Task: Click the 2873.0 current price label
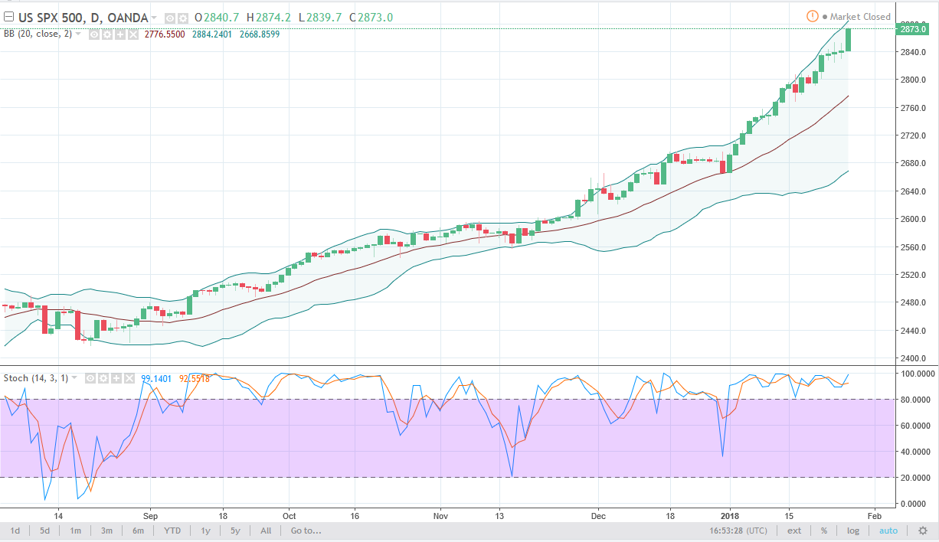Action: tap(913, 29)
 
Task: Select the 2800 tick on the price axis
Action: tap(912, 80)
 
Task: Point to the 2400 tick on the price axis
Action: tap(912, 358)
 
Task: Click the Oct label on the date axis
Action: tap(289, 515)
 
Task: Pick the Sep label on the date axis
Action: tap(150, 515)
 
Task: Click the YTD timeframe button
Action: tap(172, 531)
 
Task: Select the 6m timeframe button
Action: tap(139, 531)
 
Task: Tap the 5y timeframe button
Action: tap(235, 531)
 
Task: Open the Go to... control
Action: tap(306, 531)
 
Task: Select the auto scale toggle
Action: tap(888, 531)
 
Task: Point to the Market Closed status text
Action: tap(860, 16)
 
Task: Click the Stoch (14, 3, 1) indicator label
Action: tap(39, 377)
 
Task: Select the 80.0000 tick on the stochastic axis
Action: tap(915, 399)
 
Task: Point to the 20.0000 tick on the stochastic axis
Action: tap(915, 477)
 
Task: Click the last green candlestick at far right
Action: tap(849, 40)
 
